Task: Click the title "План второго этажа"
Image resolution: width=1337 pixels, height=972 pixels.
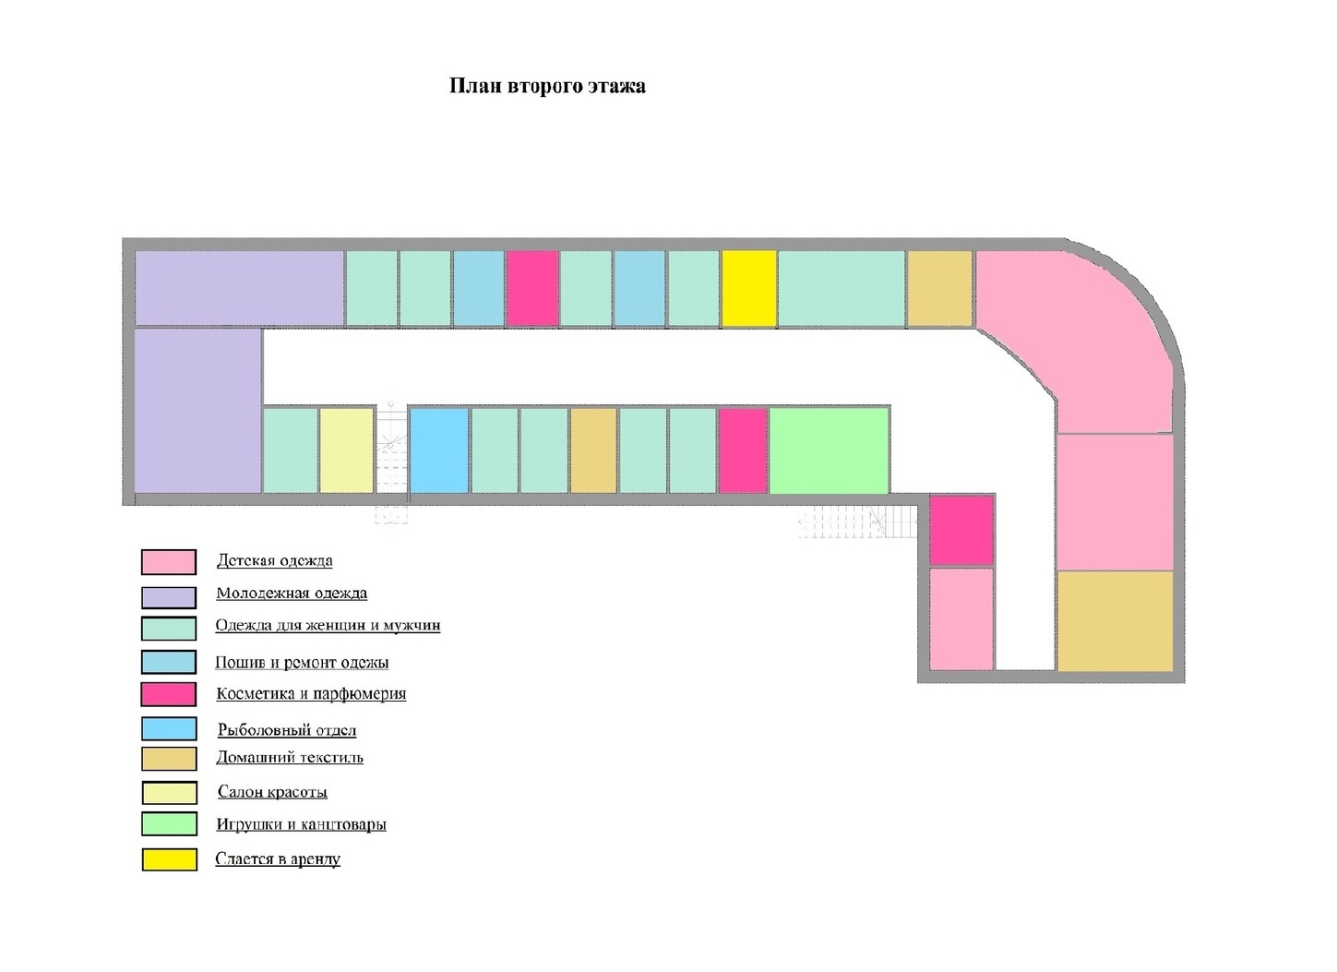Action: (x=547, y=86)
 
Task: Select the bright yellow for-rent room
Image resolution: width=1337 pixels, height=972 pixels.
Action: (x=748, y=288)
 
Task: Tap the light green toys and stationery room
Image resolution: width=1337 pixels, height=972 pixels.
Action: (x=829, y=450)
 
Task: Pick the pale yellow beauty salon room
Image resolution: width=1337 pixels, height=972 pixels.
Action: (x=346, y=450)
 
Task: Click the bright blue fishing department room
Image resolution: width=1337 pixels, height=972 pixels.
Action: (x=438, y=450)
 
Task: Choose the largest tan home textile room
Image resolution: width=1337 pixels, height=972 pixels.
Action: (x=1115, y=620)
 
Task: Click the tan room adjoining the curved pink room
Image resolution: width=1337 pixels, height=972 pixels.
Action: (x=939, y=288)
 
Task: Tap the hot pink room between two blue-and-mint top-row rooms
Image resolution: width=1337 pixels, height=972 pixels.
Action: (x=532, y=288)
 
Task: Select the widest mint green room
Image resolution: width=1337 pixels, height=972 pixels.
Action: (x=841, y=288)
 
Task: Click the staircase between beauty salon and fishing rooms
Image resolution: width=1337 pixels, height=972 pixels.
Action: (x=391, y=452)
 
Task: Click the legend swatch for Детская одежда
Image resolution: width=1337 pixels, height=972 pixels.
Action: (x=169, y=562)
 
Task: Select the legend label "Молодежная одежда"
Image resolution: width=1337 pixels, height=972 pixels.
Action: (x=292, y=594)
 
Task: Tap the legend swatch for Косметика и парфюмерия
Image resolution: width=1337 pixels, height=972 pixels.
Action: (x=169, y=694)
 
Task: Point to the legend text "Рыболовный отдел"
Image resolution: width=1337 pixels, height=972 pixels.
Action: (x=287, y=730)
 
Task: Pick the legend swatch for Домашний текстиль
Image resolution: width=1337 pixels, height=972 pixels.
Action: (x=169, y=759)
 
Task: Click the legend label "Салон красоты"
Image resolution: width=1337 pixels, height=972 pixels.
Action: (x=272, y=792)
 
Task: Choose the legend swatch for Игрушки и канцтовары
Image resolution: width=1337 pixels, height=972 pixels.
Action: (x=169, y=823)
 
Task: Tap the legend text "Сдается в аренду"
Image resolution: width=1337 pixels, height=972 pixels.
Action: (x=278, y=859)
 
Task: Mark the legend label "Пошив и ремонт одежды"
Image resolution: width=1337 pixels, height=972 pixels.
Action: (x=302, y=663)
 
